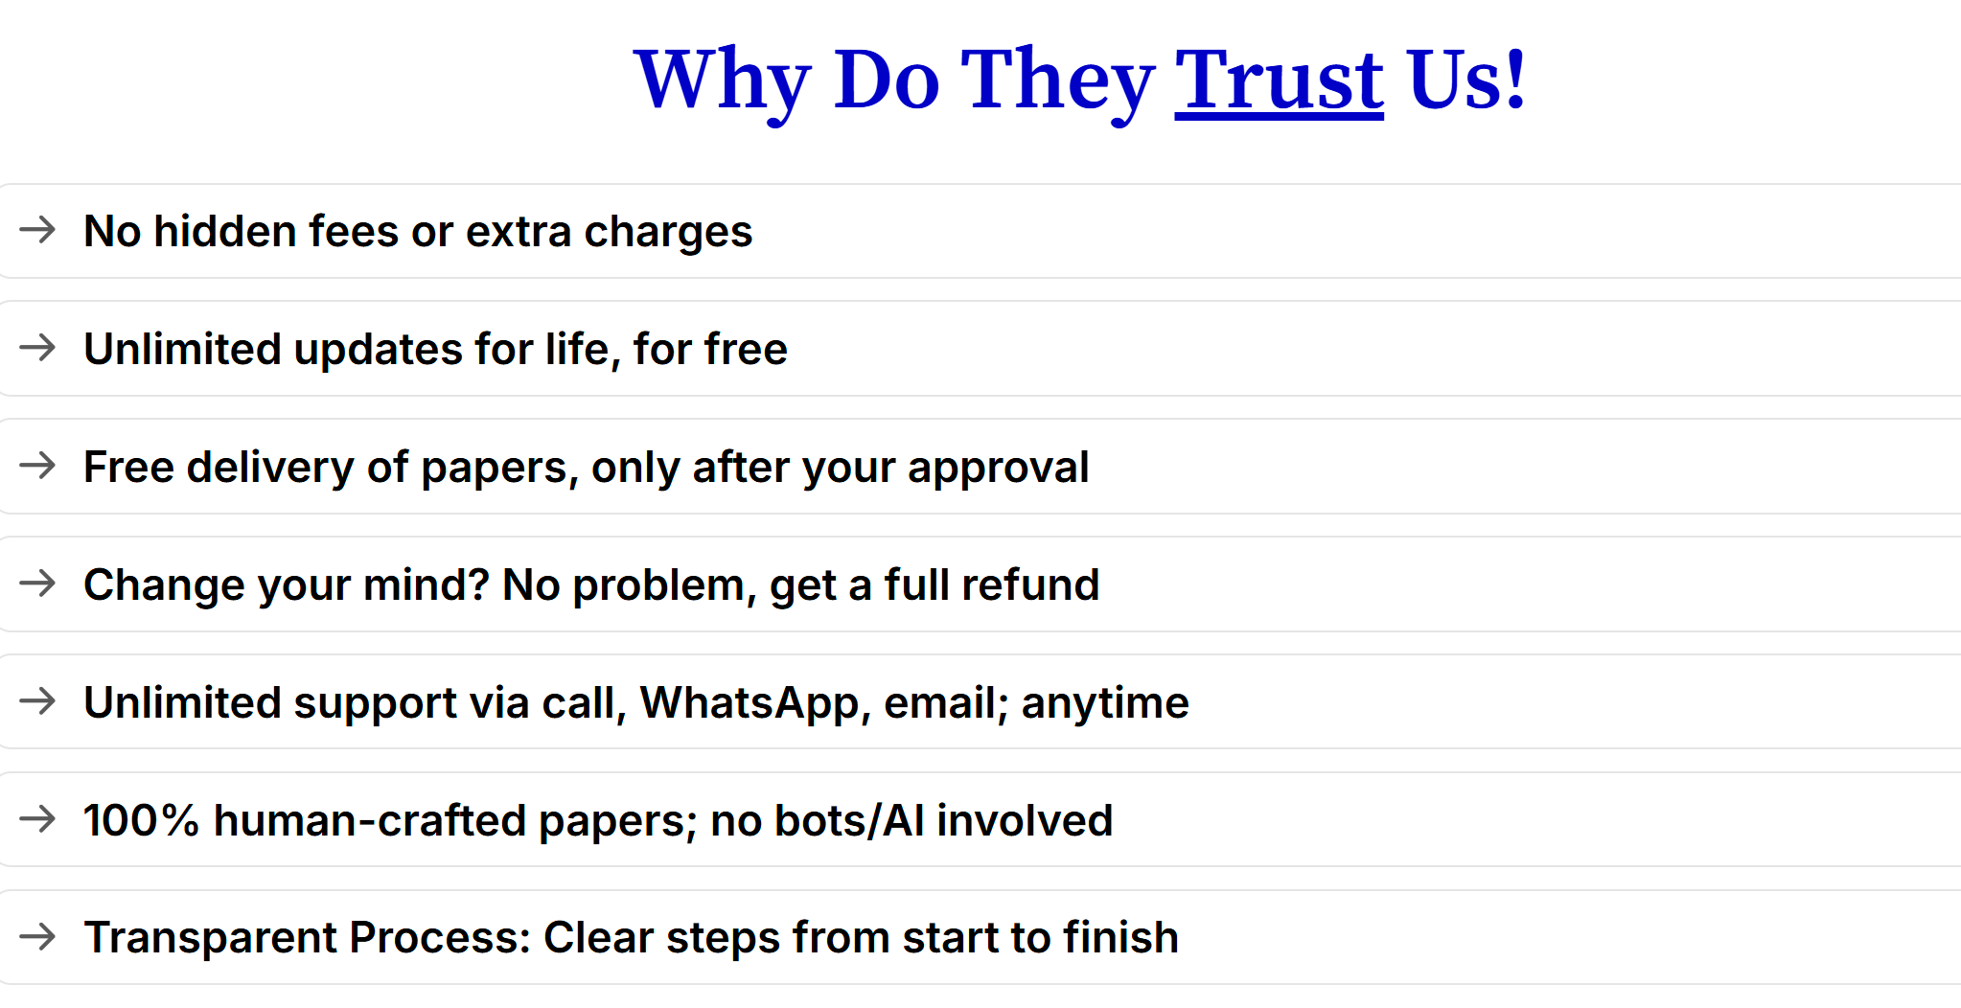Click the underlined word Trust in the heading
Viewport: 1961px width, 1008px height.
click(x=1279, y=80)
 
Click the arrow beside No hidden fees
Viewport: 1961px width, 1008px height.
click(x=38, y=230)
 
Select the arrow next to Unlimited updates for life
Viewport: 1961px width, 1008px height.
click(x=38, y=348)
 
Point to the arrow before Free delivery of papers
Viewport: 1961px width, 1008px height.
click(x=38, y=466)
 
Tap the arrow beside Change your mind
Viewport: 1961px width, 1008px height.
click(x=38, y=584)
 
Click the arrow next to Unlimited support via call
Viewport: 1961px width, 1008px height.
click(x=38, y=701)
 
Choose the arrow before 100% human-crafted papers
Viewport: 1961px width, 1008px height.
click(x=38, y=819)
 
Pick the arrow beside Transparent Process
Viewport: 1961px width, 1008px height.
click(x=38, y=937)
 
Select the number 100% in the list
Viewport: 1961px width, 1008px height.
click(x=141, y=820)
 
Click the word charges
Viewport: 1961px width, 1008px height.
click(x=668, y=233)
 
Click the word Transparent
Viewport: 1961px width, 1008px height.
click(x=210, y=938)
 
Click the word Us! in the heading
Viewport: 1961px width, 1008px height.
click(x=1466, y=80)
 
